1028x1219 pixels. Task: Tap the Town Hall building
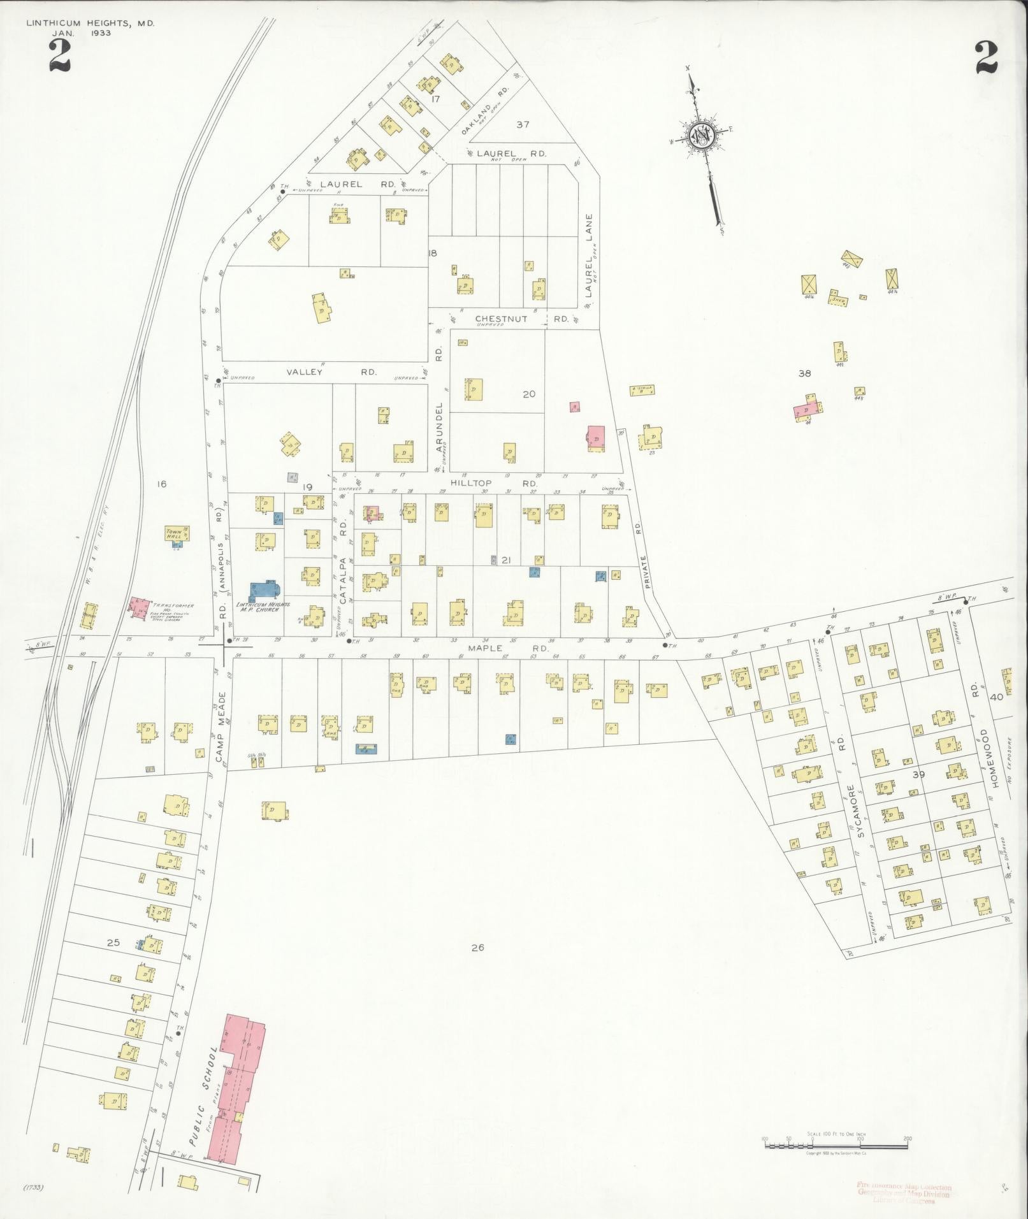tap(176, 534)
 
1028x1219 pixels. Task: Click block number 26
tap(477, 948)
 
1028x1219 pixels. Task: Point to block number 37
tap(523, 124)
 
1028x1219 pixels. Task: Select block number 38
tap(804, 373)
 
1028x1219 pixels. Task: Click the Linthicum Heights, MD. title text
tap(90, 24)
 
